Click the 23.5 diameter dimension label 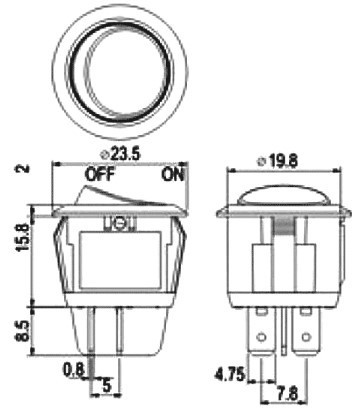125,155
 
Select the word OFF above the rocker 100,175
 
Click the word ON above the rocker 173,175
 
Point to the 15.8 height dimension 24,237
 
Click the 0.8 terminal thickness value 73,370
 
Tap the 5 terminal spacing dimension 107,386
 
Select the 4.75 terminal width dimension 230,374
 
